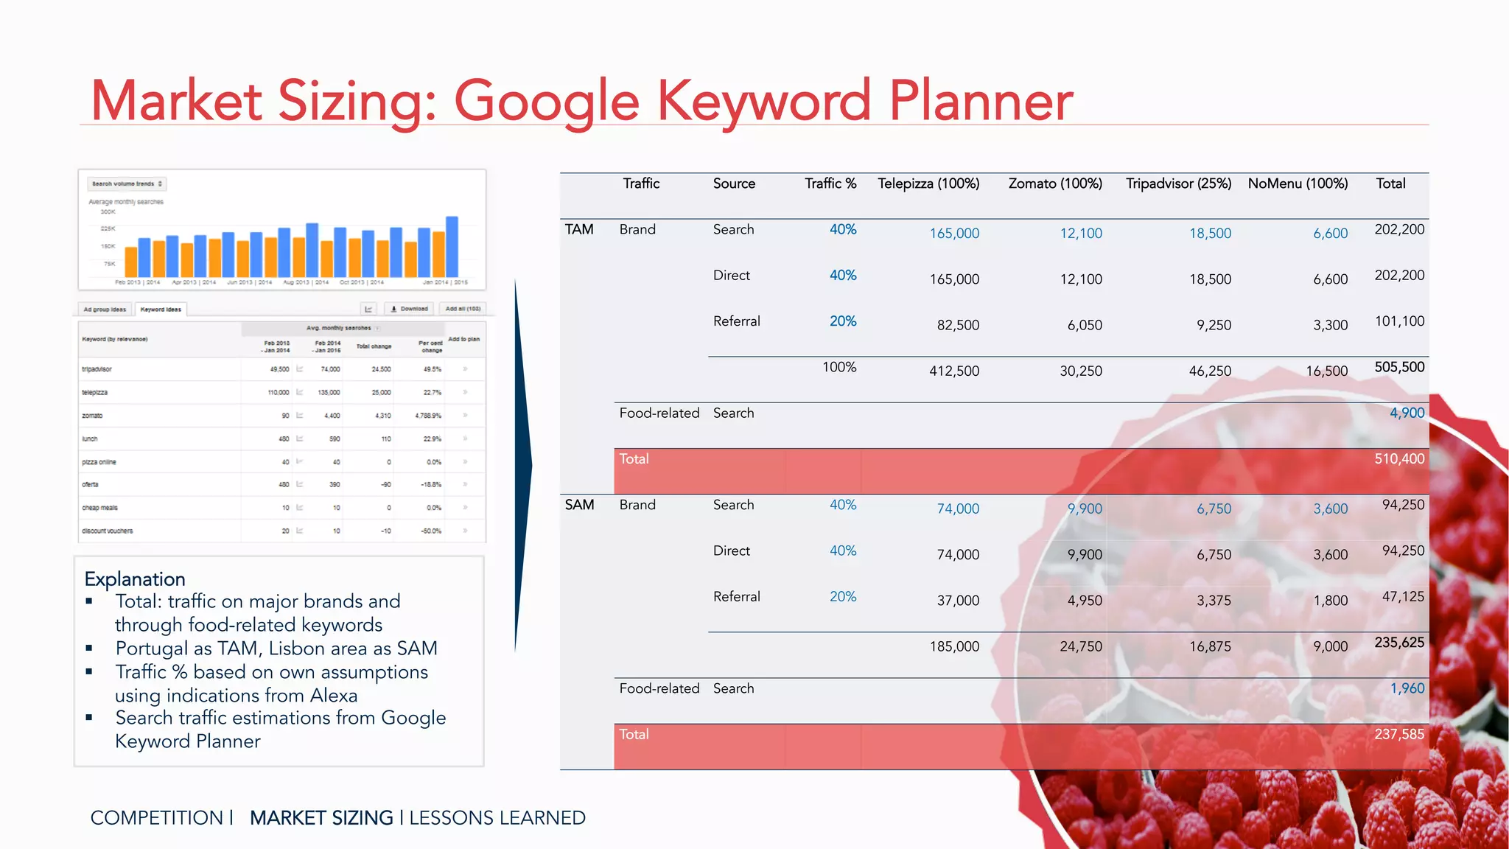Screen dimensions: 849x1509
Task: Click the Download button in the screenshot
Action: pyautogui.click(x=410, y=309)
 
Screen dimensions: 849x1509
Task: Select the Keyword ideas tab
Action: pyautogui.click(x=161, y=310)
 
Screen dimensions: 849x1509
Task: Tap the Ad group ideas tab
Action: pyautogui.click(x=105, y=310)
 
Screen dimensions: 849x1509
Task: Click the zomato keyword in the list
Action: pyautogui.click(x=92, y=416)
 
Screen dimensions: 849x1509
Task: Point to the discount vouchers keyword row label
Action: pyautogui.click(x=108, y=531)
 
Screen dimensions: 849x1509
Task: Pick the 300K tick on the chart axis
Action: pyautogui.click(x=108, y=212)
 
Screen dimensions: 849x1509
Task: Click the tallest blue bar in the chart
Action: pyautogui.click(x=452, y=246)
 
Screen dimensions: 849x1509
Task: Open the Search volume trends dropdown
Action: pyautogui.click(x=127, y=184)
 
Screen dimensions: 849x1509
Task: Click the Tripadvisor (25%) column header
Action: pyautogui.click(x=1178, y=184)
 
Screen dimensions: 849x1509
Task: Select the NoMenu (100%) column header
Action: pyautogui.click(x=1298, y=184)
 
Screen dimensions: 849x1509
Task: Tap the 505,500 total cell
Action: pyautogui.click(x=1399, y=367)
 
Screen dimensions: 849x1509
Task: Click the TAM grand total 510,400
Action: pyautogui.click(x=1399, y=458)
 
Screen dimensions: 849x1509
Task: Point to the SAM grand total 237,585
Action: pyautogui.click(x=1399, y=734)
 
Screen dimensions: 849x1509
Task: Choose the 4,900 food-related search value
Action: pyautogui.click(x=1407, y=413)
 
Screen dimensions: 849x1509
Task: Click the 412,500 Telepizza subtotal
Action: pyautogui.click(x=954, y=371)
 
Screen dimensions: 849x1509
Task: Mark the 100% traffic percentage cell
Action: pyautogui.click(x=839, y=367)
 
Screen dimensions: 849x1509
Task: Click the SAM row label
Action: pyautogui.click(x=579, y=505)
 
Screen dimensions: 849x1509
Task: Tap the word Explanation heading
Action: pyautogui.click(x=135, y=579)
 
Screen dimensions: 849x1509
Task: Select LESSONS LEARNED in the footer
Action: pyautogui.click(x=497, y=817)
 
